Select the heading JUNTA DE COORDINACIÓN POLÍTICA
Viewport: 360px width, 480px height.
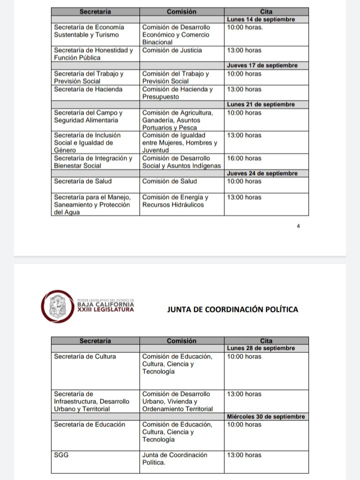(x=232, y=309)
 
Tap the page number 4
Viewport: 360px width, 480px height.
(x=298, y=226)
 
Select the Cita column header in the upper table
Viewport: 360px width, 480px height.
(x=266, y=11)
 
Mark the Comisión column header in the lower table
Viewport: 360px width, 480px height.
(x=181, y=341)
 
